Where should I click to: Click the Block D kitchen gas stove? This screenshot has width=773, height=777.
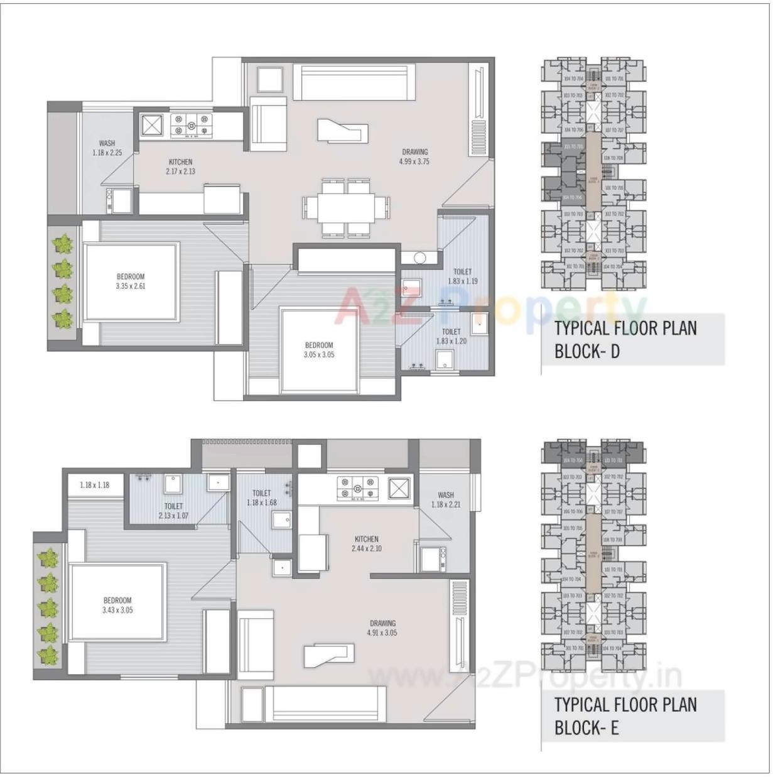(x=192, y=124)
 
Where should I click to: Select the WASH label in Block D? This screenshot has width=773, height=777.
(x=107, y=143)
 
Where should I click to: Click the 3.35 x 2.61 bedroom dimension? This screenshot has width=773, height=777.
(x=131, y=286)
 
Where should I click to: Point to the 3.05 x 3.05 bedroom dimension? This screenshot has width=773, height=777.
(x=319, y=355)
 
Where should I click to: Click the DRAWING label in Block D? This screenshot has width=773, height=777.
(x=414, y=151)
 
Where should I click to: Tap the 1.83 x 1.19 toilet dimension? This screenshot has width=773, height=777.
(x=462, y=281)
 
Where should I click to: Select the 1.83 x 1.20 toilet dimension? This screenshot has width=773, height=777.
(x=451, y=342)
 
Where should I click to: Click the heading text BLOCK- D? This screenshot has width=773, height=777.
(x=587, y=351)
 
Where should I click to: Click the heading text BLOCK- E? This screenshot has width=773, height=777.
(x=587, y=728)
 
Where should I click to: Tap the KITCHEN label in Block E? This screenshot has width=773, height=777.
(x=367, y=539)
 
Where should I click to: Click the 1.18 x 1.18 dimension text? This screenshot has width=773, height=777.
(x=95, y=485)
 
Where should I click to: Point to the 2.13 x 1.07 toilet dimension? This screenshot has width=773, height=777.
(x=173, y=516)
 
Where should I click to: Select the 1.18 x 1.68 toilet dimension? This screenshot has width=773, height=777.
(x=262, y=503)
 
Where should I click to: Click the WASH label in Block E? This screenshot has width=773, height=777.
(x=446, y=495)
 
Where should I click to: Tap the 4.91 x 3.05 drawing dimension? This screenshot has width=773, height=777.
(x=382, y=633)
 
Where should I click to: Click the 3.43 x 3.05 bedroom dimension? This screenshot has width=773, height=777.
(x=117, y=610)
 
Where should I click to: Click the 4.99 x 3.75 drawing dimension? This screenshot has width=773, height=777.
(x=414, y=161)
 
